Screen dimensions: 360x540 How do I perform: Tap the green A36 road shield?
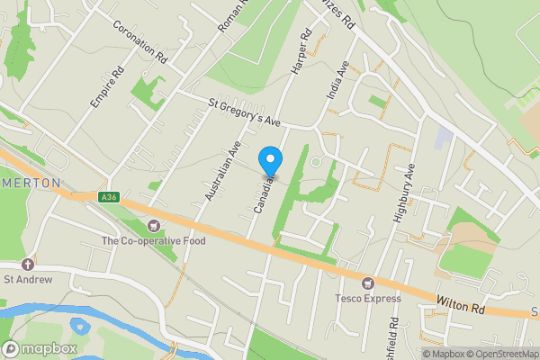click(110, 197)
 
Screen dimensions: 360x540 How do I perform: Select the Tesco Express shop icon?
click(367, 283)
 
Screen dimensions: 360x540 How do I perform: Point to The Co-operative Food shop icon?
click(153, 225)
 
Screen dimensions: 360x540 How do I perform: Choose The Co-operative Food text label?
click(153, 240)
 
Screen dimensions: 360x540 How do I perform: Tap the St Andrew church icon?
click(28, 264)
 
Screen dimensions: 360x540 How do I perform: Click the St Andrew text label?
click(28, 279)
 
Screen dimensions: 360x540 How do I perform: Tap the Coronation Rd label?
click(140, 40)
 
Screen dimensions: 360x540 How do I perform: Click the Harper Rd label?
click(298, 51)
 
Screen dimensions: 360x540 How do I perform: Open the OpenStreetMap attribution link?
click(504, 354)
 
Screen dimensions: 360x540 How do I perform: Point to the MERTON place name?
click(31, 183)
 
